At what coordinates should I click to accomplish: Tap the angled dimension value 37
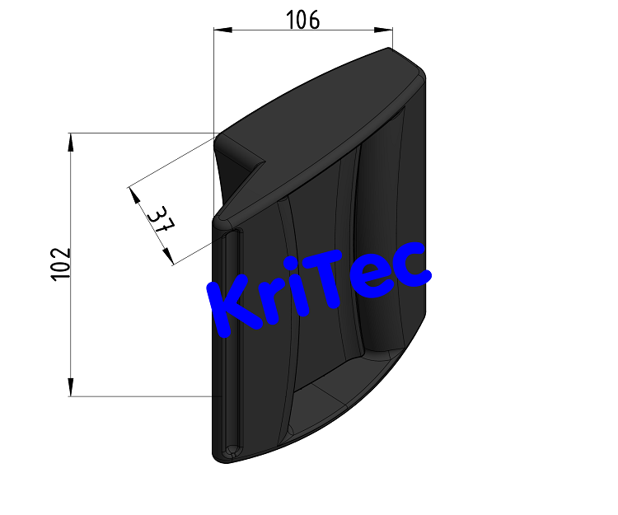click(159, 220)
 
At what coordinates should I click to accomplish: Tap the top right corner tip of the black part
click(389, 49)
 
